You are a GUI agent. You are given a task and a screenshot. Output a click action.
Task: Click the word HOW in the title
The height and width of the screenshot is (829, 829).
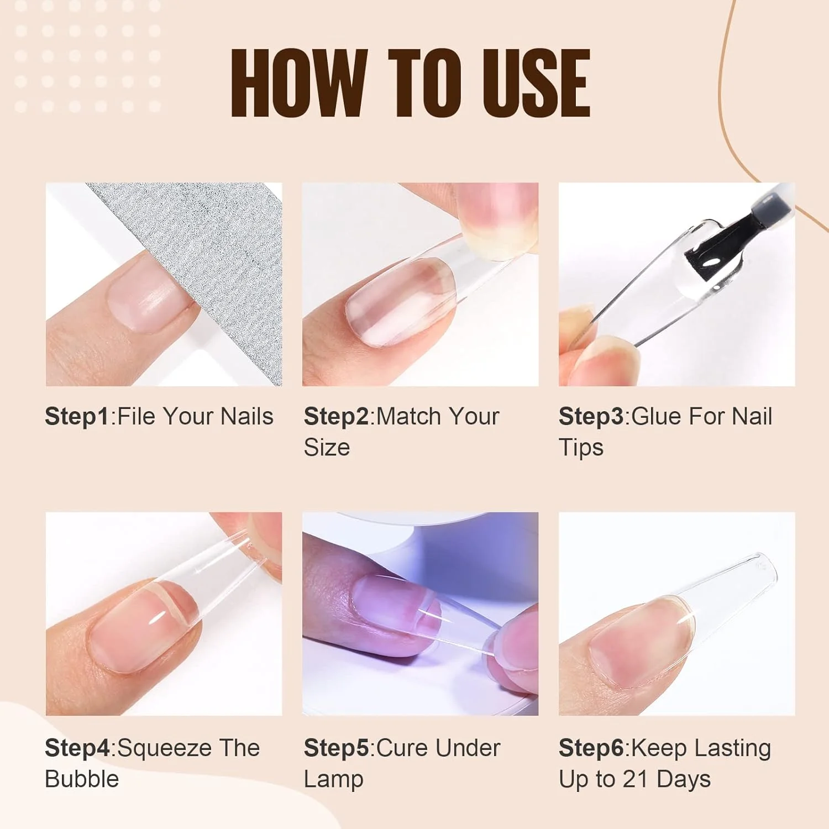299,83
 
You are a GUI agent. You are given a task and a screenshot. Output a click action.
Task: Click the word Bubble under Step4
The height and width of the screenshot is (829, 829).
82,779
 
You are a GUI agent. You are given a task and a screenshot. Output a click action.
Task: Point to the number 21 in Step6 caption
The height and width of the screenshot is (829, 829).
635,779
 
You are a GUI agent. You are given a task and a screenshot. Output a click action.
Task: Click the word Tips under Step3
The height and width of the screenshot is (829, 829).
581,448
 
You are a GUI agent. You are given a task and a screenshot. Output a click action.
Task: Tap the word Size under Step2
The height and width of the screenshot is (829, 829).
327,447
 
